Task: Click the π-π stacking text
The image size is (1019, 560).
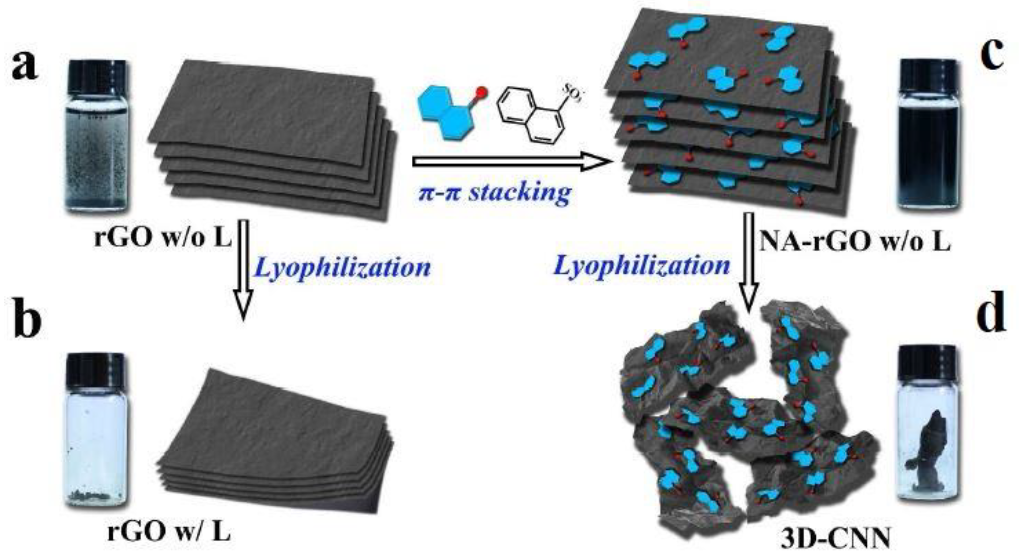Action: [x=494, y=193]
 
